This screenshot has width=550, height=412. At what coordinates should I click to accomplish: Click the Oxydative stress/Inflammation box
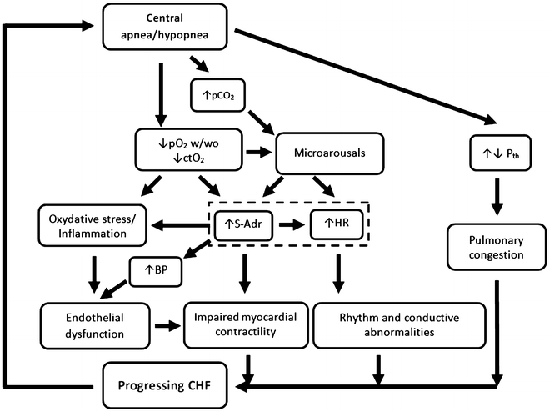point(87,224)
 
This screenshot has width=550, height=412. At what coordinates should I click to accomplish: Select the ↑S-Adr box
point(244,224)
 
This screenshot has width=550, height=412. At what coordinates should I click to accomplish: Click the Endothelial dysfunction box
point(93,325)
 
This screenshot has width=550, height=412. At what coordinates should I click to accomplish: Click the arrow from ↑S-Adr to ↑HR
point(290,224)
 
